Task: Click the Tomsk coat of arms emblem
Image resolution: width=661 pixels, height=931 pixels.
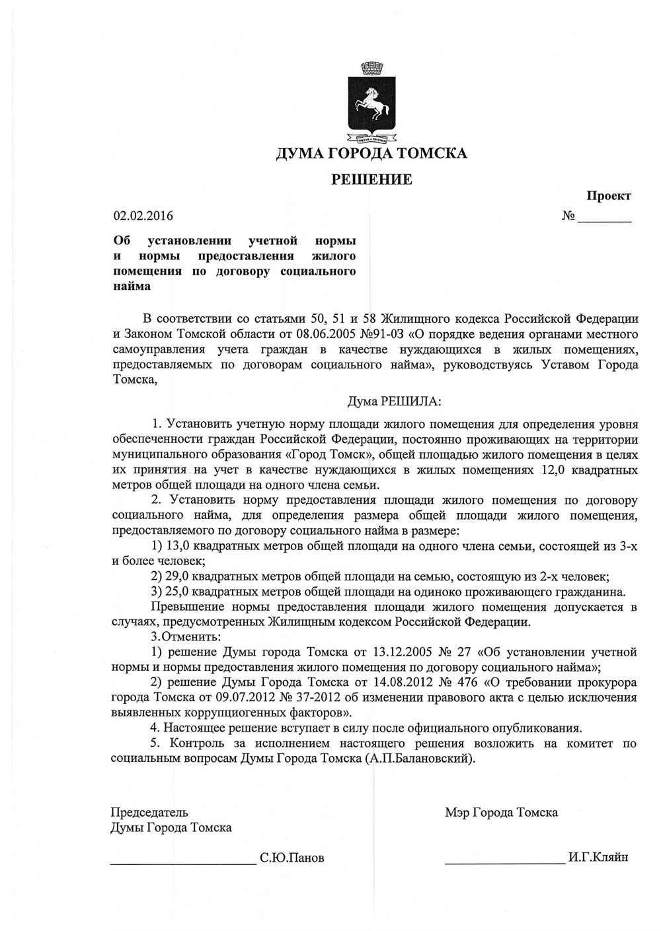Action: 371,104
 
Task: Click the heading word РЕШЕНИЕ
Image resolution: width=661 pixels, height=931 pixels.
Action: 371,180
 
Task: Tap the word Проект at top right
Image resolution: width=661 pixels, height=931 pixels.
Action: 608,196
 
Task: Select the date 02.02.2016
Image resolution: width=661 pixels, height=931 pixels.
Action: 143,216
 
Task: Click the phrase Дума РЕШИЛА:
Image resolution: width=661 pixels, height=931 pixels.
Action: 393,401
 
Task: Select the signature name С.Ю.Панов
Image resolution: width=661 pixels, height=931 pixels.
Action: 292,858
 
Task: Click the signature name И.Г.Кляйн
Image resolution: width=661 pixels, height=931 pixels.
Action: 598,858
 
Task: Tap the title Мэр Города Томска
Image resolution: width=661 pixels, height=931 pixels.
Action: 501,813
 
